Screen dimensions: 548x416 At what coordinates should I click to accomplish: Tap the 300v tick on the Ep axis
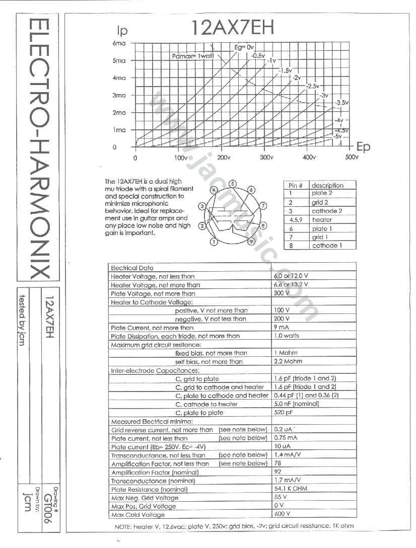(x=266, y=158)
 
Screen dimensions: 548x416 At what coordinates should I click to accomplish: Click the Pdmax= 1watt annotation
(x=193, y=56)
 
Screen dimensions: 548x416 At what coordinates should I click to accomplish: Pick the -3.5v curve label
(x=341, y=102)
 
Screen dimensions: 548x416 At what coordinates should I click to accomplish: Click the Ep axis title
(x=363, y=146)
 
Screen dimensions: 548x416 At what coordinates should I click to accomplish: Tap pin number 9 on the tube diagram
(x=251, y=242)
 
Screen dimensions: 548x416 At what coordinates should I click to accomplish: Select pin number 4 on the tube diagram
(x=214, y=190)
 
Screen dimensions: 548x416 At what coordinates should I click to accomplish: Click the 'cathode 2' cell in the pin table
(x=327, y=211)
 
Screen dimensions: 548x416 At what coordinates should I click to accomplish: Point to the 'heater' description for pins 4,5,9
(x=322, y=220)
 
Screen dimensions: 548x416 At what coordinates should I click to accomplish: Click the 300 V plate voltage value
(x=282, y=293)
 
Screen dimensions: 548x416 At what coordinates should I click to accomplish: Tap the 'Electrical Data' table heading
(x=132, y=268)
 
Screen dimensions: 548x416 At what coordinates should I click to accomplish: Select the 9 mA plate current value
(x=283, y=328)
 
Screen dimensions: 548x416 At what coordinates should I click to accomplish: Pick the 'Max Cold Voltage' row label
(x=137, y=515)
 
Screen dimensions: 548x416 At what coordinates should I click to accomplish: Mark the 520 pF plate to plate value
(x=284, y=413)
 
